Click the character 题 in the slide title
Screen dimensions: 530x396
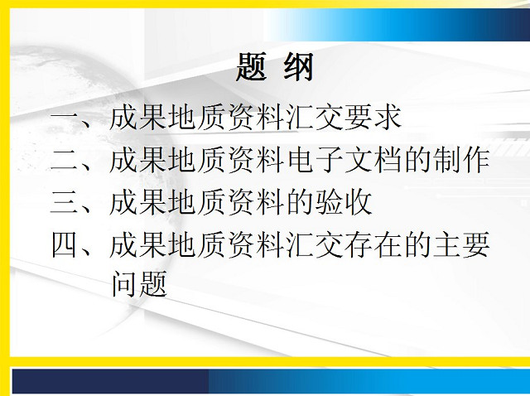point(250,67)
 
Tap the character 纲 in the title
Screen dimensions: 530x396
point(298,67)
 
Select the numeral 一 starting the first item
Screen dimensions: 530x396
point(65,118)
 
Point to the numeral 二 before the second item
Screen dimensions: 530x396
point(65,160)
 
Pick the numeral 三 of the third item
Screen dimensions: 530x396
point(65,202)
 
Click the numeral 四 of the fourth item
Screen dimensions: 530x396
point(65,244)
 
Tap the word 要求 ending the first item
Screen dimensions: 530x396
point(373,118)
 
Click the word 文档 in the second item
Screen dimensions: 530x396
point(373,159)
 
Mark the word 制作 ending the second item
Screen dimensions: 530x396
point(461,159)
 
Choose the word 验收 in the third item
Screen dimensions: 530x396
point(344,202)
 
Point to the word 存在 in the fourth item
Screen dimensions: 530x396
point(373,244)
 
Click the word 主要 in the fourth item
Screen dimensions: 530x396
point(461,244)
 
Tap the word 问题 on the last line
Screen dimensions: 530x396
point(139,283)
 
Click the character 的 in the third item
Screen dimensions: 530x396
point(300,202)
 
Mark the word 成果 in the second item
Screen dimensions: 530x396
point(137,159)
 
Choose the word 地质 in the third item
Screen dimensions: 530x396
point(196,202)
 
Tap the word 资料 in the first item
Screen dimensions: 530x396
point(255,118)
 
